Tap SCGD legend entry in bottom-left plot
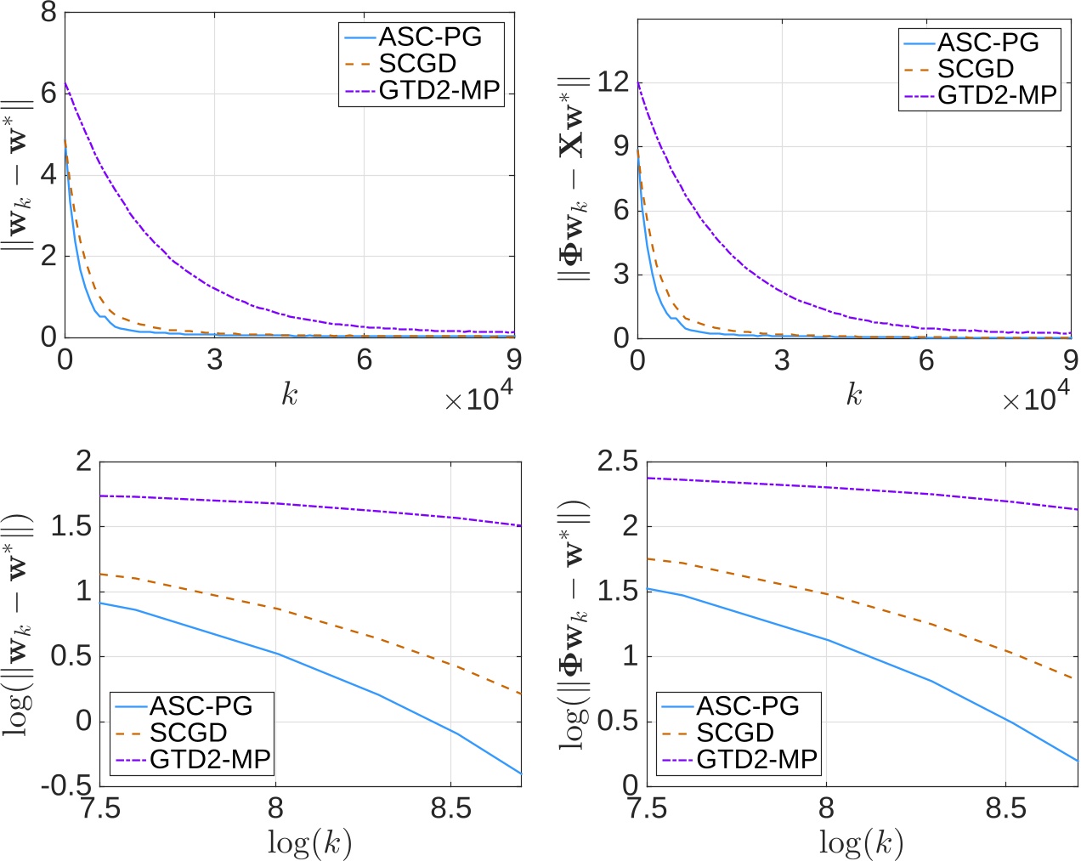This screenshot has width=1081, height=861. click(x=188, y=732)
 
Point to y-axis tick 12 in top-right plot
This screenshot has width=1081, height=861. click(x=612, y=82)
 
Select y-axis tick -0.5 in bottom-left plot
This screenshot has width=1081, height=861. click(x=67, y=786)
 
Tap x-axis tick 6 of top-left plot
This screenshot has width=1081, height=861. click(x=364, y=360)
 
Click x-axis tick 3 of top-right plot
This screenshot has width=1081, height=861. click(x=782, y=361)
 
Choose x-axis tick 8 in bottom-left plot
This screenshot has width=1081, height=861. click(x=275, y=807)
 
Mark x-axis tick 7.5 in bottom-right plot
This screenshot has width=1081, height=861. click(x=648, y=807)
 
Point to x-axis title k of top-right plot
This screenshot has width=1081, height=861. click(x=854, y=394)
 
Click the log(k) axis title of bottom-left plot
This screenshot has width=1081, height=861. click(x=309, y=842)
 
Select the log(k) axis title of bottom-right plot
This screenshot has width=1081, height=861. click(x=861, y=842)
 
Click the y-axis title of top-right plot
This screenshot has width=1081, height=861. click(x=574, y=178)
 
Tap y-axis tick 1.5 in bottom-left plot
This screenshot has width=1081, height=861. click(x=71, y=526)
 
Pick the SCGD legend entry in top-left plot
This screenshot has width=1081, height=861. click(x=416, y=64)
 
